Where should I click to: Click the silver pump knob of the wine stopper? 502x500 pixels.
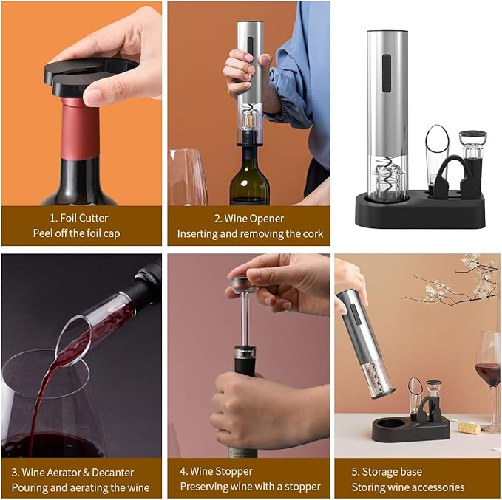point(240,283)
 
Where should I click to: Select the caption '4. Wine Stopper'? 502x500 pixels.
point(216,471)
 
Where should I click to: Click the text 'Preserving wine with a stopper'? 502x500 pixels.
point(250,487)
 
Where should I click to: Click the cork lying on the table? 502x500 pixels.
point(469,427)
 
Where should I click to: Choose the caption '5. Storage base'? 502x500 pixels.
point(387,471)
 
